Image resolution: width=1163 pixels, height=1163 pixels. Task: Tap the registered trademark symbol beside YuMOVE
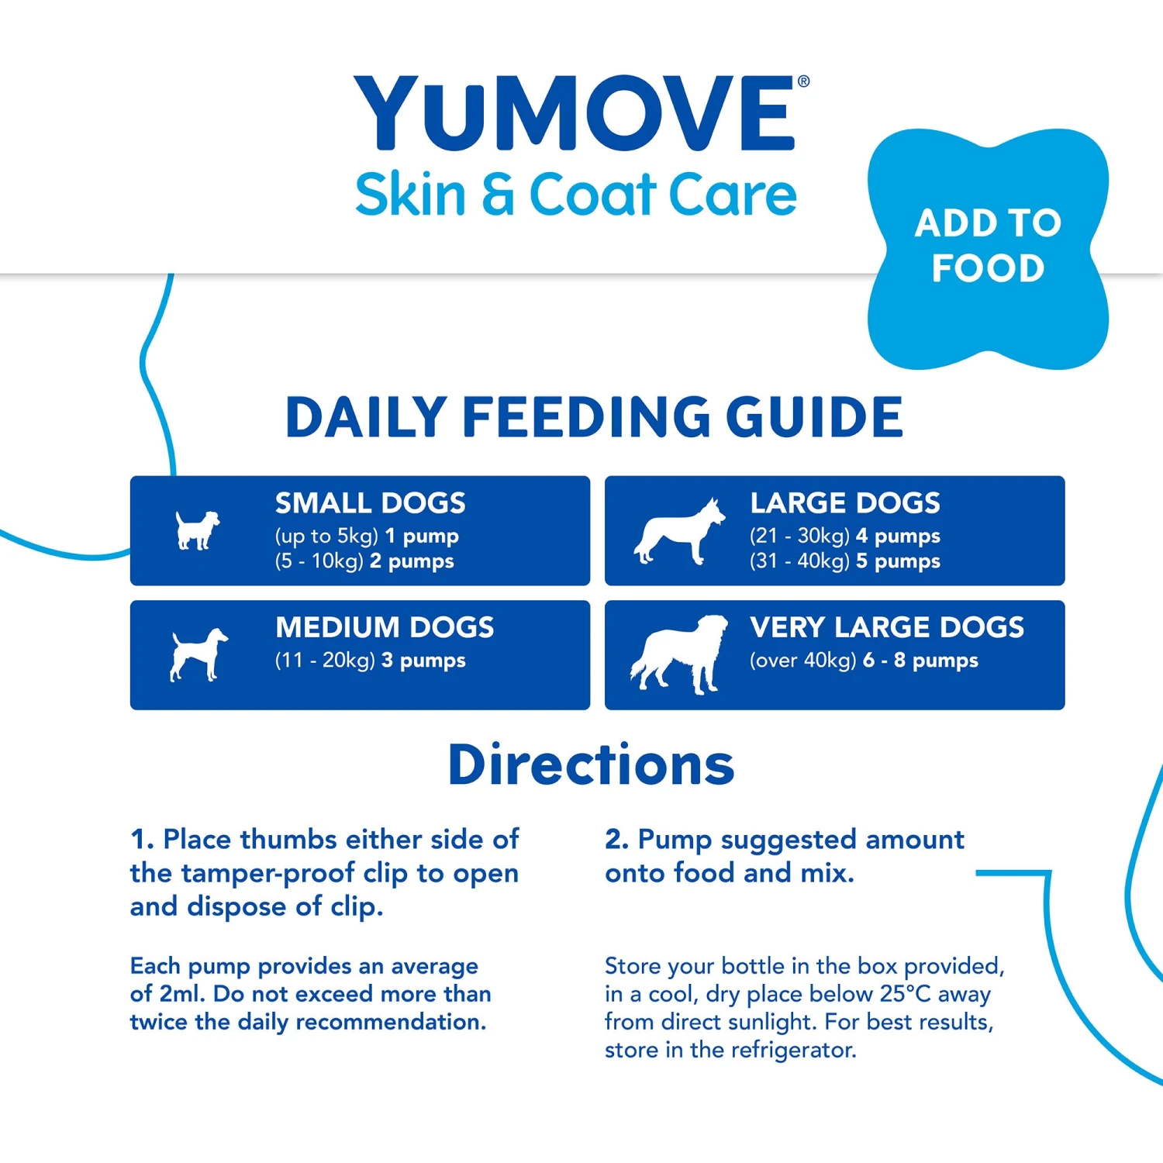(x=803, y=81)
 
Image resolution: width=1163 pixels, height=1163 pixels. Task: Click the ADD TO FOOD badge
(x=988, y=247)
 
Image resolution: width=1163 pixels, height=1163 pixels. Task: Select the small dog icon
(x=197, y=530)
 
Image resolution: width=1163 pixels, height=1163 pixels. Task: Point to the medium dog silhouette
(x=198, y=655)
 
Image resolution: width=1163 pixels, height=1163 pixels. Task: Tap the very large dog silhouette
(x=679, y=654)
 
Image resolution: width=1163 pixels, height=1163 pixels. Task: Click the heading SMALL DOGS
(x=370, y=503)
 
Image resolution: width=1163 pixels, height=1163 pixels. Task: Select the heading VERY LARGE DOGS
(x=886, y=627)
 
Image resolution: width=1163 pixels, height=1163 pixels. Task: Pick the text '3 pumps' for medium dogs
(x=423, y=661)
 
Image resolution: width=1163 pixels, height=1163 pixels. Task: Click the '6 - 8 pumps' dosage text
(x=920, y=661)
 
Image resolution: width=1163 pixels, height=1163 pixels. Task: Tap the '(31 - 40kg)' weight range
(x=799, y=561)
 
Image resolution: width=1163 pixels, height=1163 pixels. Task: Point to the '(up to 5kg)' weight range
(x=326, y=536)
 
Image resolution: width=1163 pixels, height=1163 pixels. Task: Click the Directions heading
(x=591, y=765)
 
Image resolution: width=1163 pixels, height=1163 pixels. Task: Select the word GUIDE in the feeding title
(x=814, y=417)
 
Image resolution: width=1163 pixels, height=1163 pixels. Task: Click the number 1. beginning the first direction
(x=142, y=840)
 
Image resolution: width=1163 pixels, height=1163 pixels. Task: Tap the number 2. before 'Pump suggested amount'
(x=616, y=840)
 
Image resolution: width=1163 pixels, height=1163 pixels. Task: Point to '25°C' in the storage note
(x=905, y=994)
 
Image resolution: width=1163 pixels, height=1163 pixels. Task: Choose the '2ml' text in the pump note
(x=181, y=994)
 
